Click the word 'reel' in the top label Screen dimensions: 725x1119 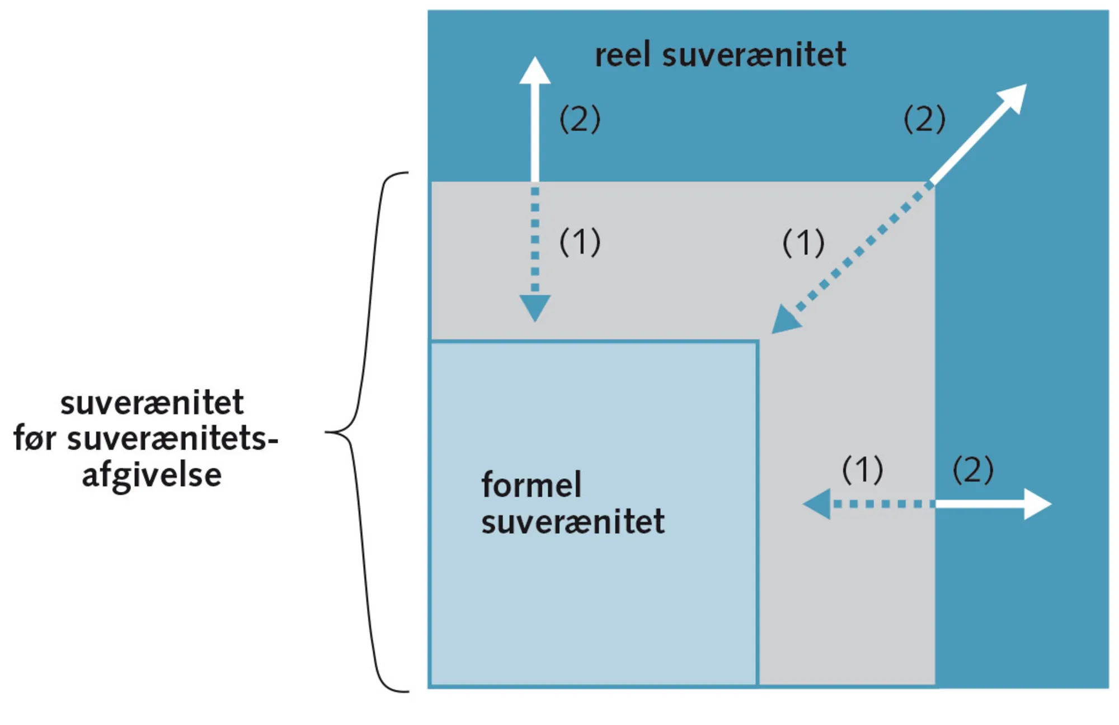(622, 55)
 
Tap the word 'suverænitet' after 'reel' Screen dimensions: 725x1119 (754, 55)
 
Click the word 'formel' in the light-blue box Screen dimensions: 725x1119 (531, 484)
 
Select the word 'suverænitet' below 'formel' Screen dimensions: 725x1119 (573, 521)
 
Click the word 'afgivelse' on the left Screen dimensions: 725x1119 (152, 476)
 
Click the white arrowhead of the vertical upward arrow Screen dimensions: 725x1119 (535, 71)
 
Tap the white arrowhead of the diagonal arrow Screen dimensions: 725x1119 (1014, 98)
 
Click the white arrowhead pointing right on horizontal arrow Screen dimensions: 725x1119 (1037, 504)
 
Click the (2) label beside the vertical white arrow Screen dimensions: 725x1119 (580, 119)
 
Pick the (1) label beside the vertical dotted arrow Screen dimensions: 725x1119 (580, 242)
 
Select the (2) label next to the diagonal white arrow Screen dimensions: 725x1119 (924, 119)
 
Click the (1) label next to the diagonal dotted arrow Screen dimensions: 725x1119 (803, 243)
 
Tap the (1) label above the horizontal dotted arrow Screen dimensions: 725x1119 (862, 469)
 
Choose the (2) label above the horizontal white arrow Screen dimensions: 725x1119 (972, 469)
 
